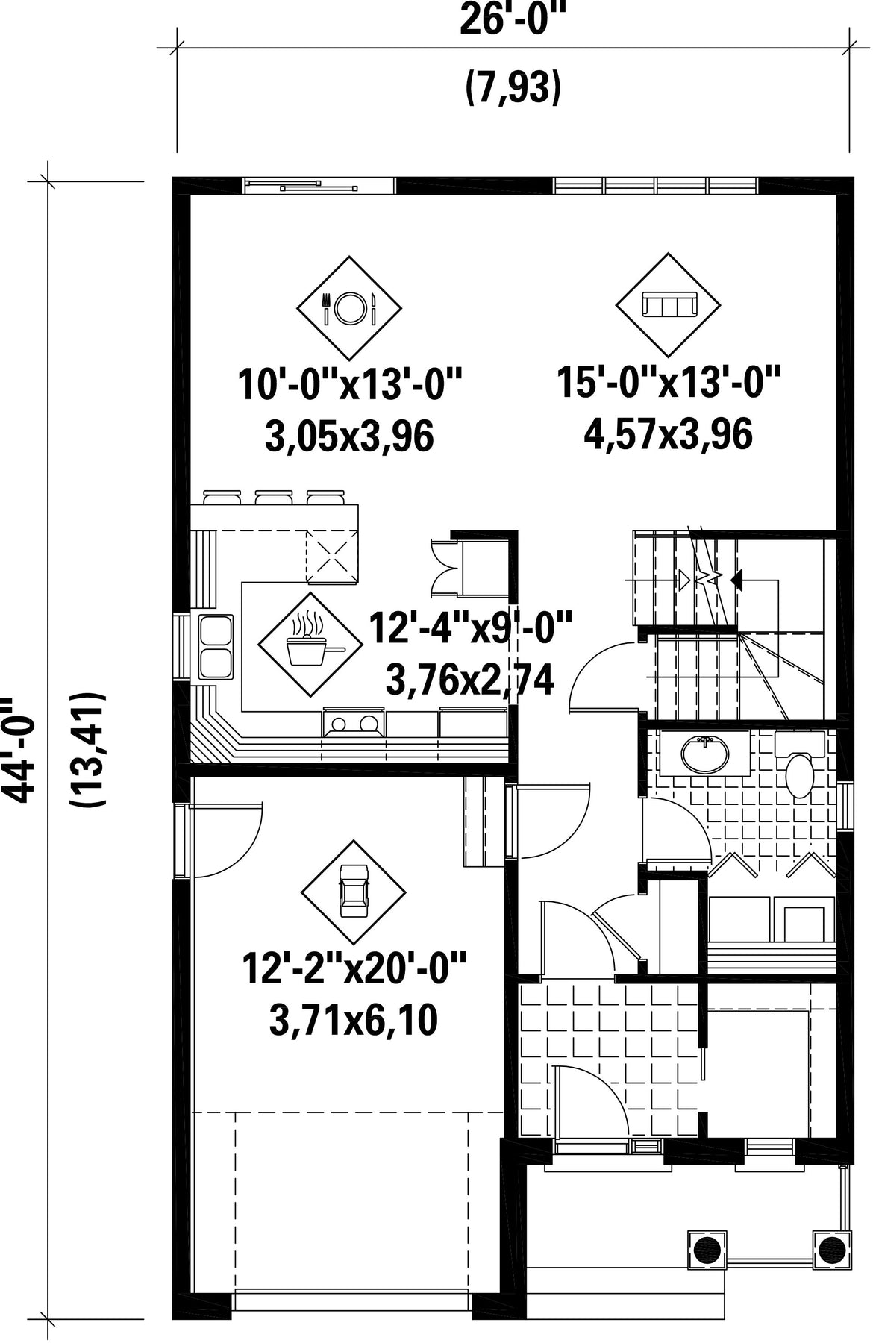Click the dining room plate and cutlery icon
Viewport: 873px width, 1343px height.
[349, 307]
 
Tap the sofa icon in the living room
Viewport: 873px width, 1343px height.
[668, 304]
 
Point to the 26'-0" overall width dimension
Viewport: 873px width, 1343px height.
[513, 19]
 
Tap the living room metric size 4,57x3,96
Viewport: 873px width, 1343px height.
[668, 433]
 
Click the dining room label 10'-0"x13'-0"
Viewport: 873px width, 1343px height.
[350, 385]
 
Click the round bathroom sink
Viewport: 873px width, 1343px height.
[704, 754]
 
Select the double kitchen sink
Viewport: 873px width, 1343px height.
[216, 646]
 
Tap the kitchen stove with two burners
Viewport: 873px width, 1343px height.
[354, 723]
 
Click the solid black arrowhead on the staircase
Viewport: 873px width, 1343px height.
[737, 579]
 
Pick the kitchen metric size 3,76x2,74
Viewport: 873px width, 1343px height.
[470, 679]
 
